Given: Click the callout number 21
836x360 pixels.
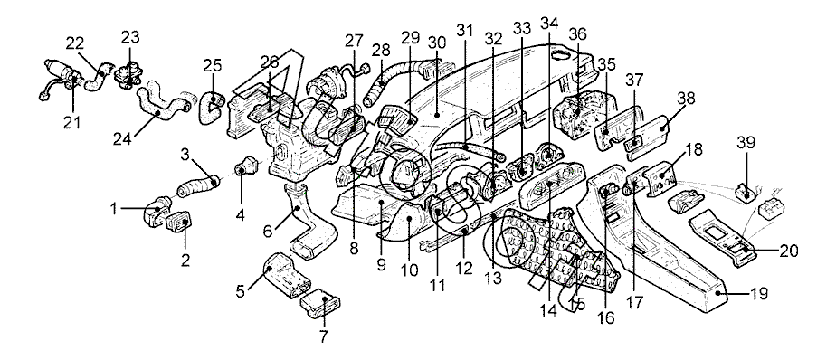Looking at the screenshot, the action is tap(71, 123).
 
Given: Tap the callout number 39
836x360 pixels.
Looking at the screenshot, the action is tap(746, 144).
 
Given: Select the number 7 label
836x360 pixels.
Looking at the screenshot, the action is tap(324, 336).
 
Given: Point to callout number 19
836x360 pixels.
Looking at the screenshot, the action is tap(759, 293).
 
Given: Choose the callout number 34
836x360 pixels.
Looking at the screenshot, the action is tap(548, 23).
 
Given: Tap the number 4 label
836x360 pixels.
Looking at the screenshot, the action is tap(241, 215).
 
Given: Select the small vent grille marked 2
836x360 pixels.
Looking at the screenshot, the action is tap(180, 221).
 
